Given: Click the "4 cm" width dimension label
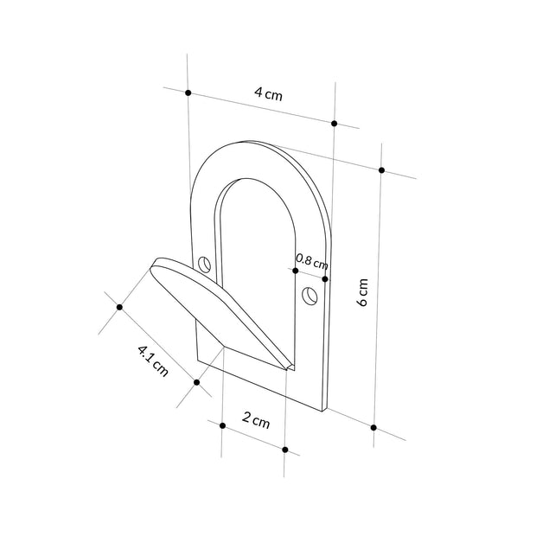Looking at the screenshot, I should [268, 96].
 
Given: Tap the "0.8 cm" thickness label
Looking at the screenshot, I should [311, 258].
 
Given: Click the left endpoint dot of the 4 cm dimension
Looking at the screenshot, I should [188, 92].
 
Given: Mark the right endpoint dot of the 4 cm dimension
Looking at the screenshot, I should [335, 122].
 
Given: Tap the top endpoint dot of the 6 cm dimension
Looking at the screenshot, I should [381, 169].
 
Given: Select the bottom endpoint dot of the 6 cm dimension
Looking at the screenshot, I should [373, 427].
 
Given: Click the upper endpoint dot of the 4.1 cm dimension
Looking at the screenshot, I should [119, 306].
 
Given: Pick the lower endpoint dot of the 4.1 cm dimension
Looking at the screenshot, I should [197, 382].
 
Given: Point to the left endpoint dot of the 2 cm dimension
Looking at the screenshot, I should [222, 425].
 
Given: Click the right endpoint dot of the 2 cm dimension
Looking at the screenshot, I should [284, 449].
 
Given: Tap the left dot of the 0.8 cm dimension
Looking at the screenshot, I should [296, 271].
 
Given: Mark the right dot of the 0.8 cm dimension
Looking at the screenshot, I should [324, 278].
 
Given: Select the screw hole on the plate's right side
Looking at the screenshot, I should [308, 297].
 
